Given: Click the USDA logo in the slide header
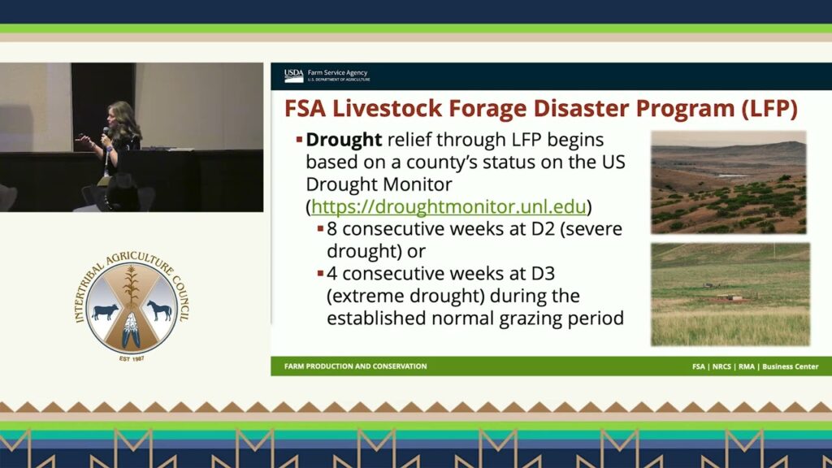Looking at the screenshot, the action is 293,76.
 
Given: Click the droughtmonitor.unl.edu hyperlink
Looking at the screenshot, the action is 448,206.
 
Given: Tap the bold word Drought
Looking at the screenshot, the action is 344,140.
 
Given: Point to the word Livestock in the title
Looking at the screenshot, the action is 387,108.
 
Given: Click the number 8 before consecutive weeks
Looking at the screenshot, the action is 331,228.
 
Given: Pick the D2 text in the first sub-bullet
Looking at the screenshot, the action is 543,228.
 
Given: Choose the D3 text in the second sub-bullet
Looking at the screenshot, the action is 543,273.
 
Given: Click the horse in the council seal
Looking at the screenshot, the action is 159,310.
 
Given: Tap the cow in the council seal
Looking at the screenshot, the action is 105,311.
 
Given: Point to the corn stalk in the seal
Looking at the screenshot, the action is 131,287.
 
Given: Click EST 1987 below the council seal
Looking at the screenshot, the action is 132,359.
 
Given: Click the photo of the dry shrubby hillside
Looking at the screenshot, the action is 729,183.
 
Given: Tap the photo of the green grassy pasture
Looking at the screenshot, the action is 730,294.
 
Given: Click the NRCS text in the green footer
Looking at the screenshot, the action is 721,366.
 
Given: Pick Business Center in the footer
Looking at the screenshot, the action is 790,366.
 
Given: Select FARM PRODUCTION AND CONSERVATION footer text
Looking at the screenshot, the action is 356,366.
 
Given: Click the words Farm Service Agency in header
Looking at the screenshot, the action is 337,72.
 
